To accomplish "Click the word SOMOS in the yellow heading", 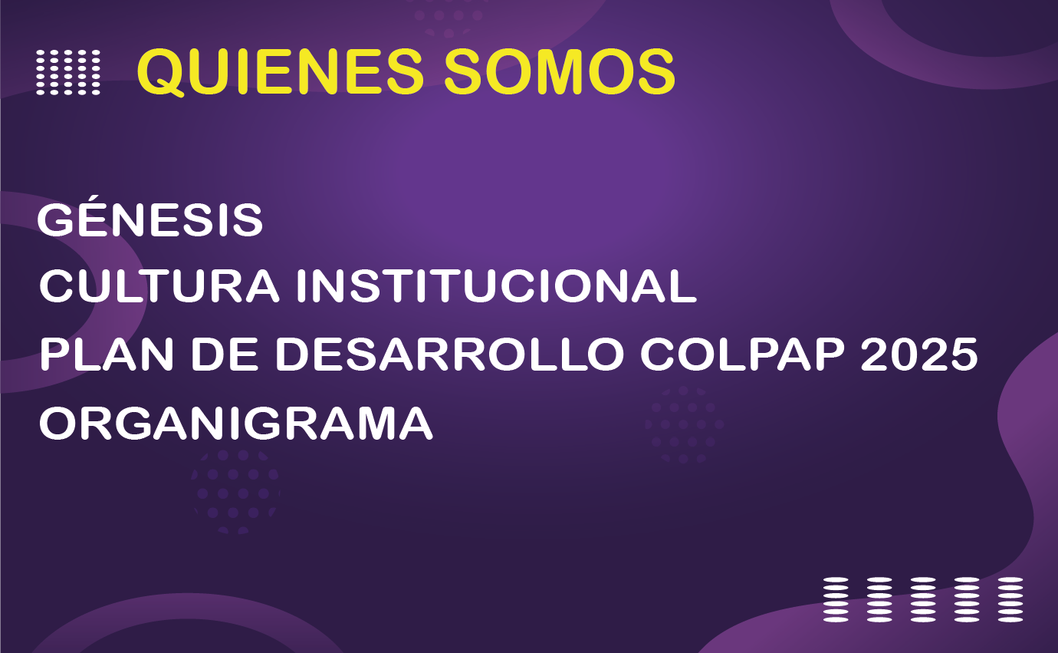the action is coord(560,71).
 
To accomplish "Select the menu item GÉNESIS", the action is coord(150,218).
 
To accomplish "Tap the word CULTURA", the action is coord(159,285).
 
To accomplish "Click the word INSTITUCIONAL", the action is coord(496,285).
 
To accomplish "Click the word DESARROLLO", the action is coord(449,355).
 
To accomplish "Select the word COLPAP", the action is coord(742,355).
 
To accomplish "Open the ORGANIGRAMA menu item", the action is coord(235,423).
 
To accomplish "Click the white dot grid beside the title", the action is coord(68,72).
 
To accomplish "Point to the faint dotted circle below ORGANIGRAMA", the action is coord(235,493).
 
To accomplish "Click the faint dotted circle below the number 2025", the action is coord(684,424).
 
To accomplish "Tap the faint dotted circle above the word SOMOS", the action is coord(448,17).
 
